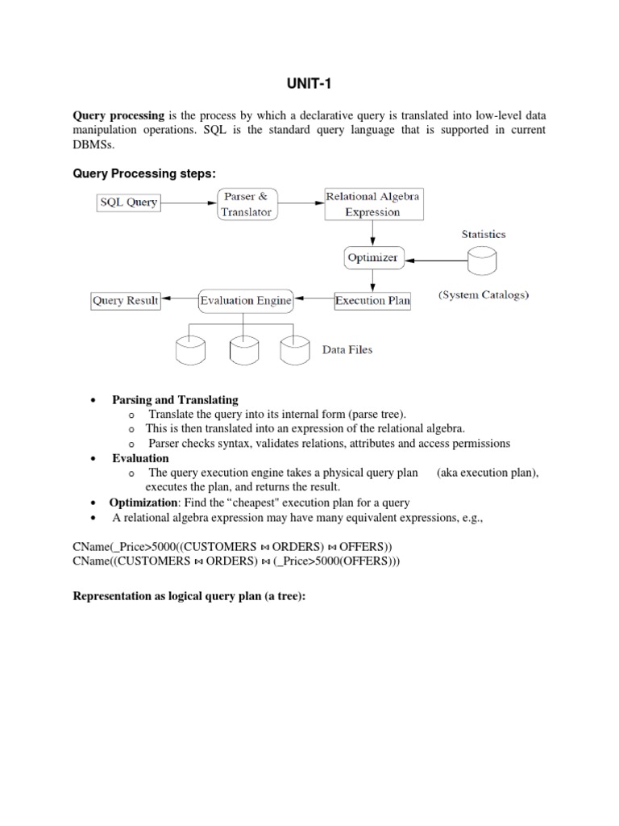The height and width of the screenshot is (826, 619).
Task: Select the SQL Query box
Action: pos(129,202)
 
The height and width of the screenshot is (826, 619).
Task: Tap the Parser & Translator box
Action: pos(247,204)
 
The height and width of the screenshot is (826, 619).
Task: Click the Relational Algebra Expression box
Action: pos(372,204)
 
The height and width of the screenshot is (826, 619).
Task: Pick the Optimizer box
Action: pos(372,258)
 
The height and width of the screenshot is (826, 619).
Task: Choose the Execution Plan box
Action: pos(372,301)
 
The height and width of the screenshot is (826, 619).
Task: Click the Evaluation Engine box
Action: pos(246,301)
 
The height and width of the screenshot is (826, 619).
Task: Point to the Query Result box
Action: pos(125,301)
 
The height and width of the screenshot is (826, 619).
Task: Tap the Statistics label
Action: pos(484,234)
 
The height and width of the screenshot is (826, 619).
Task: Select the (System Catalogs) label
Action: pos(484,295)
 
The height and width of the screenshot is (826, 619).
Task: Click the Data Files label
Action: pos(347,350)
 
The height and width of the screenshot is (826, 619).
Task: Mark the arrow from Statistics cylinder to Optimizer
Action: pos(435,260)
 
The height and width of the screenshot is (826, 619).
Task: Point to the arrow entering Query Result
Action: pos(179,301)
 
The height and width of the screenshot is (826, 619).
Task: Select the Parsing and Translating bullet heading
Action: pos(175,399)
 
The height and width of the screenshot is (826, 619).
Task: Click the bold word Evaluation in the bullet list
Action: pos(140,458)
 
